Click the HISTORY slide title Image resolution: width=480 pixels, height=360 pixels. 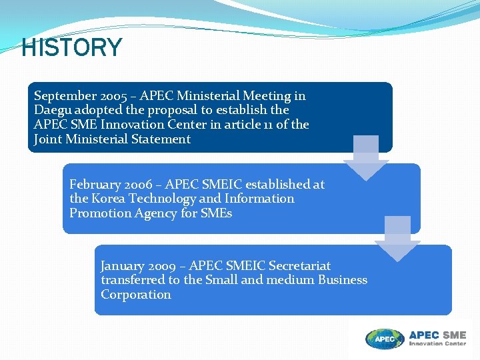tap(72, 48)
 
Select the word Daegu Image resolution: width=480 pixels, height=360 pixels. tap(53, 110)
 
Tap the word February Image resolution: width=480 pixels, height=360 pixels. tap(94, 184)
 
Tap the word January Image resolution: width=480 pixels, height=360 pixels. tap(123, 265)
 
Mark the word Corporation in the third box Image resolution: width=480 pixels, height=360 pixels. tap(136, 295)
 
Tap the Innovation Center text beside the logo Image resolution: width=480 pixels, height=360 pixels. tap(437, 344)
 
